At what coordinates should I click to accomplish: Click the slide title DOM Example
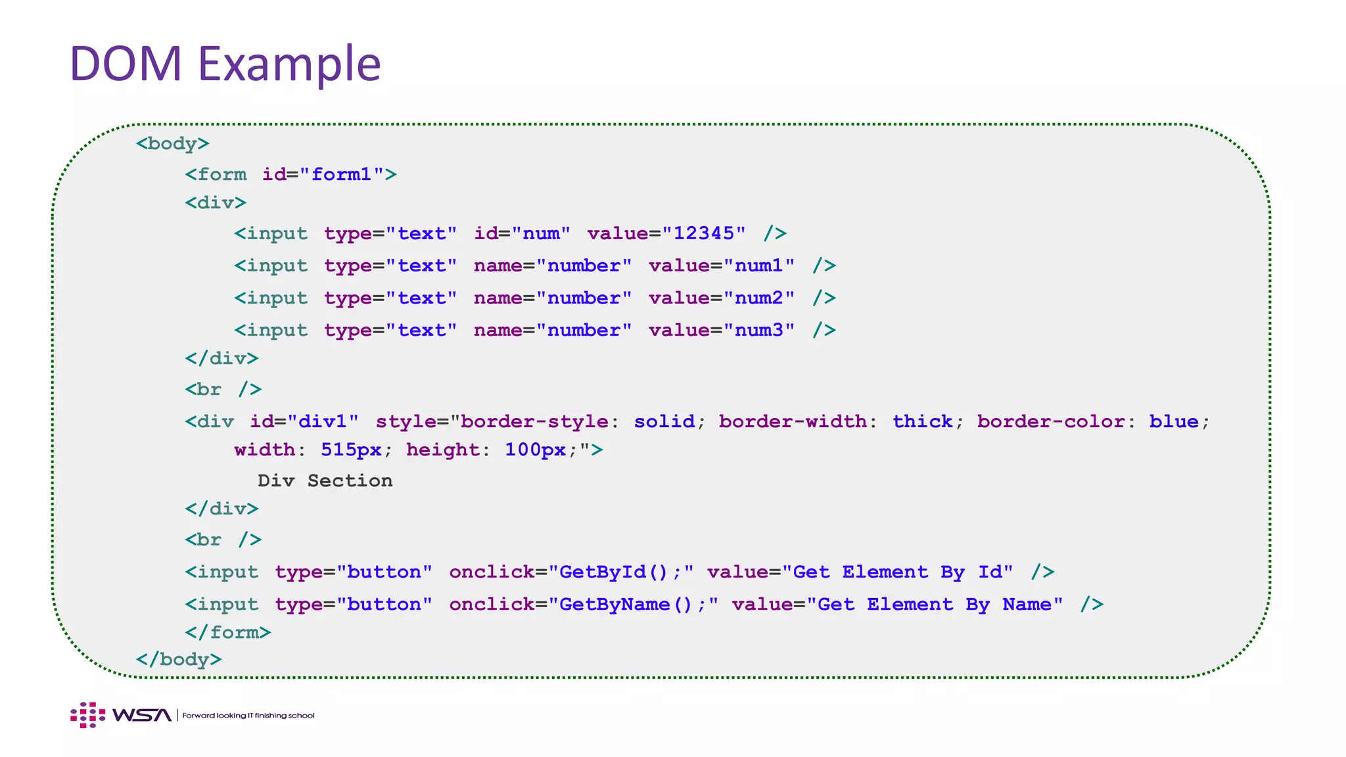(225, 64)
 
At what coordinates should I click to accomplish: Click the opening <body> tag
(172, 143)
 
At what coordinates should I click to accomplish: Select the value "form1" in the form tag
(341, 174)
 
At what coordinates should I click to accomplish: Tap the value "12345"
(704, 233)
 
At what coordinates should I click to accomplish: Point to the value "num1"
(759, 265)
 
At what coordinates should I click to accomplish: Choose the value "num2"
(759, 298)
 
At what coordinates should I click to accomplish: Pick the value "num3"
(759, 330)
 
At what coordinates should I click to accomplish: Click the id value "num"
(541, 233)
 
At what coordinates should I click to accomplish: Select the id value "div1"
(323, 421)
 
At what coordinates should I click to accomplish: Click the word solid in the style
(664, 421)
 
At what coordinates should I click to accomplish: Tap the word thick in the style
(922, 421)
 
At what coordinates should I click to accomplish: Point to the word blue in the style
(1173, 421)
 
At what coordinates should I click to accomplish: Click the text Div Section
(325, 480)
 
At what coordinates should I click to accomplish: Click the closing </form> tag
(227, 632)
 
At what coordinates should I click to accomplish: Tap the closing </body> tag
(178, 659)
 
